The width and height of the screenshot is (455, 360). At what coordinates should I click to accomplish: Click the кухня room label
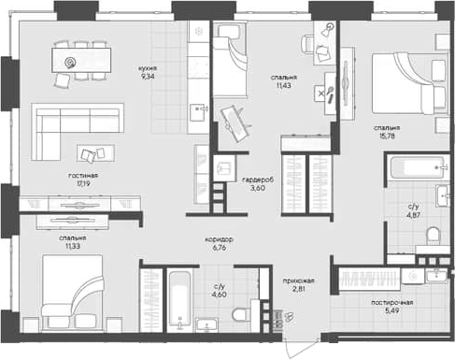pos(147,68)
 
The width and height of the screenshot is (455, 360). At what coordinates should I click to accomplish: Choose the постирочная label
pos(392,304)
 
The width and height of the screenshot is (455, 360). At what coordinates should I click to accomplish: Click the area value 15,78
pos(387,137)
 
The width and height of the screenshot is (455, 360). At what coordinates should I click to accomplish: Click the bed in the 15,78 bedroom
pos(404,84)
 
